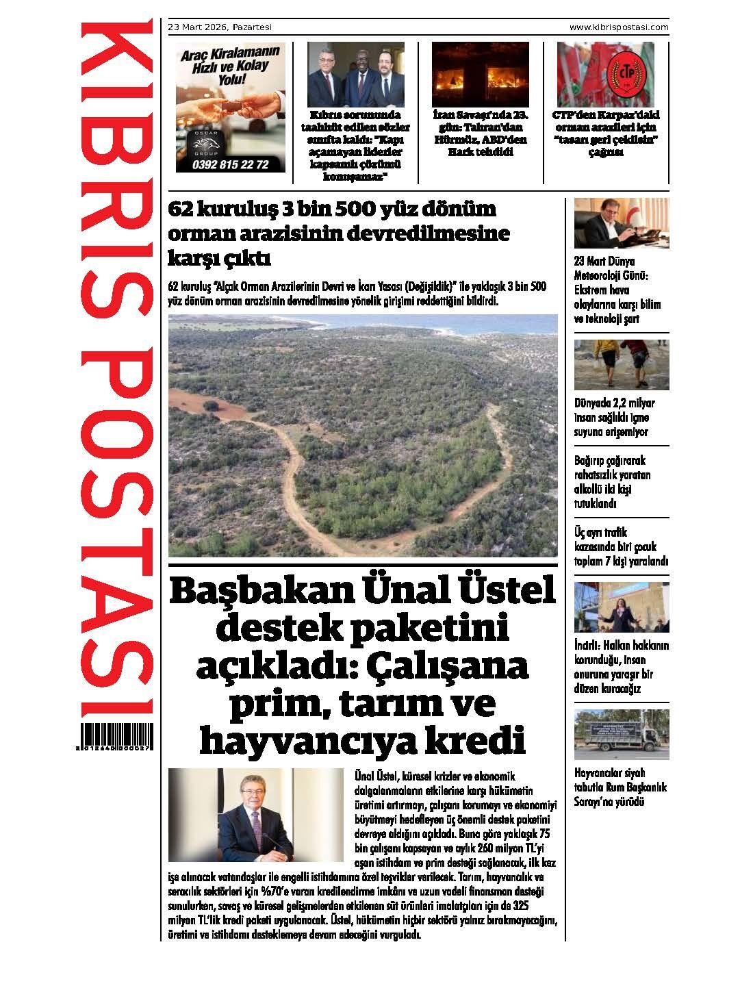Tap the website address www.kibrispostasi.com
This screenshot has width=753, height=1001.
point(619,27)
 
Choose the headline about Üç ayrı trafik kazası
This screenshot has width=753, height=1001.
point(620,546)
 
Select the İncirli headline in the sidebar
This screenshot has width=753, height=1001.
point(620,667)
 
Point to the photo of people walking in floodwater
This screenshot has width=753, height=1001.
point(621,364)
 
